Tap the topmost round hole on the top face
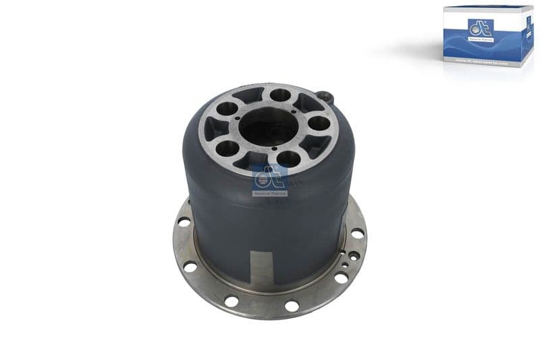280,95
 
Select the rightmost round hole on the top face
317,123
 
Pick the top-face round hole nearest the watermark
288,159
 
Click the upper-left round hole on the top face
228,108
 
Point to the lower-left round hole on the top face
230,148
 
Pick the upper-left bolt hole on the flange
184,222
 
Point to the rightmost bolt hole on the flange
357,233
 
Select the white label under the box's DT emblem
480,41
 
